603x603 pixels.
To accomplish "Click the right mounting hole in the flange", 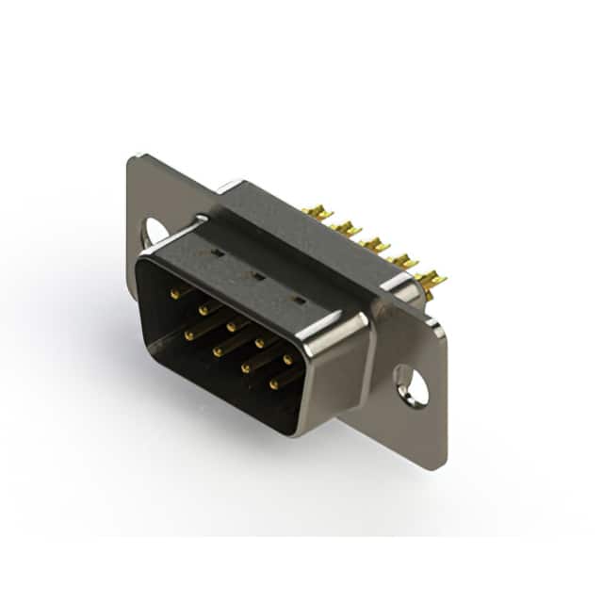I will click(412, 385).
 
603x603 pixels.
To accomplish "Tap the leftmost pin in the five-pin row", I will click(175, 294).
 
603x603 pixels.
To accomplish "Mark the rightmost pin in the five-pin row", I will click(287, 360).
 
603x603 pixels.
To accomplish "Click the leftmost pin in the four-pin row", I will click(189, 334).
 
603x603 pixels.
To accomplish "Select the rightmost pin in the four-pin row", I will click(273, 384).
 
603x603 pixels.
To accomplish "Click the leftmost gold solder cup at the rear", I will click(318, 214).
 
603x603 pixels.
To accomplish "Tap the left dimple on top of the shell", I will click(216, 253).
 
